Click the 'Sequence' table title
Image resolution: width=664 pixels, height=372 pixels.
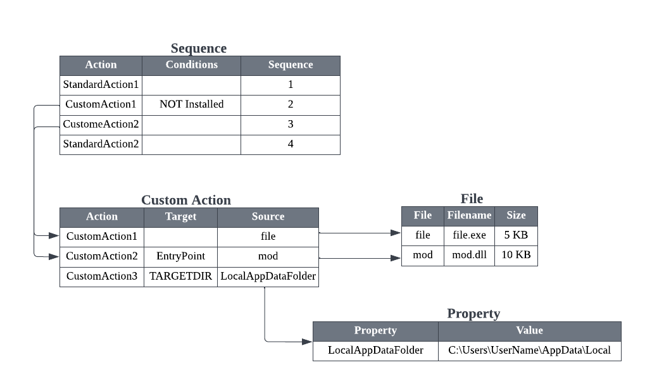[198, 49]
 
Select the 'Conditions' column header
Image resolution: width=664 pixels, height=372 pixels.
[191, 65]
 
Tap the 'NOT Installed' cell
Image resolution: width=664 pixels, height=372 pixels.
[191, 104]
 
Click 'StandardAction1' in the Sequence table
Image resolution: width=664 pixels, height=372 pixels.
[101, 84]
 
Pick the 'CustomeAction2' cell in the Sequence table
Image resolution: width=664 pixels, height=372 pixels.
[101, 124]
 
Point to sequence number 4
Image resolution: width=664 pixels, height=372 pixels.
[291, 144]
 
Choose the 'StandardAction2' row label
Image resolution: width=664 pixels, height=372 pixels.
[101, 144]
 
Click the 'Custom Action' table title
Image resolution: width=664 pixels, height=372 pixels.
[185, 201]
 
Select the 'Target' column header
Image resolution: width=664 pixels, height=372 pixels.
[180, 217]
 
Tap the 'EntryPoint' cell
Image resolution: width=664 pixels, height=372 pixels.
[180, 256]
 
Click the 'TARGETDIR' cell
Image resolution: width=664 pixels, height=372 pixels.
[180, 276]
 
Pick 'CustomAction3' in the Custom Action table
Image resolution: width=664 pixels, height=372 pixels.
[101, 276]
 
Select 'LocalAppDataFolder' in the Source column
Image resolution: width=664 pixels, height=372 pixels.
[268, 276]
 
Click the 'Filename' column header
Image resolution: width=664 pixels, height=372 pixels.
[469, 216]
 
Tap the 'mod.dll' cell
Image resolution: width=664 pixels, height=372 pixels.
[469, 255]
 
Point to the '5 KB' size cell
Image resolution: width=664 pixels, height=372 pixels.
[516, 235]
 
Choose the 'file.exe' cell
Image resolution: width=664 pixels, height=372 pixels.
[469, 235]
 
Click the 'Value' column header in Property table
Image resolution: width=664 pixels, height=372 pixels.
[529, 331]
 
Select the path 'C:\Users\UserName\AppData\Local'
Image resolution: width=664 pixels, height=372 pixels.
[529, 350]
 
